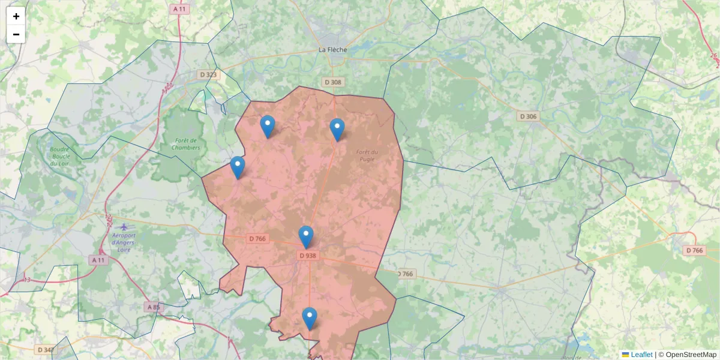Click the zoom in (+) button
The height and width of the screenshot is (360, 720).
coord(16,16)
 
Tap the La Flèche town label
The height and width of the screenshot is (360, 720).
coord(332,49)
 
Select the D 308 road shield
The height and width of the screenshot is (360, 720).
coord(332,82)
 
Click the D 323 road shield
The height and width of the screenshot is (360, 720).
coord(208,74)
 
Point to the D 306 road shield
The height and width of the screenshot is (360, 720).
coord(528,116)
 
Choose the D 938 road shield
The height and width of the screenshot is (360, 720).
coord(307,256)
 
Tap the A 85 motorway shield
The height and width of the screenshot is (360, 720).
coord(154,307)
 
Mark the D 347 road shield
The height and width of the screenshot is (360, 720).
coord(46,349)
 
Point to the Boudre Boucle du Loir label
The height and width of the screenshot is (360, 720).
coord(59,157)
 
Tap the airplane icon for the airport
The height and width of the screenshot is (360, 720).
coord(124,227)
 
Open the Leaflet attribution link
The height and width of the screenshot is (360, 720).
coord(641,355)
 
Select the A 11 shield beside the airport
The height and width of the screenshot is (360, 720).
coord(98,260)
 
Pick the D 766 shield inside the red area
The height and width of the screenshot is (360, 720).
coord(257,239)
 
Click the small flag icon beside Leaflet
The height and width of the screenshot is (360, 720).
coord(625,355)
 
